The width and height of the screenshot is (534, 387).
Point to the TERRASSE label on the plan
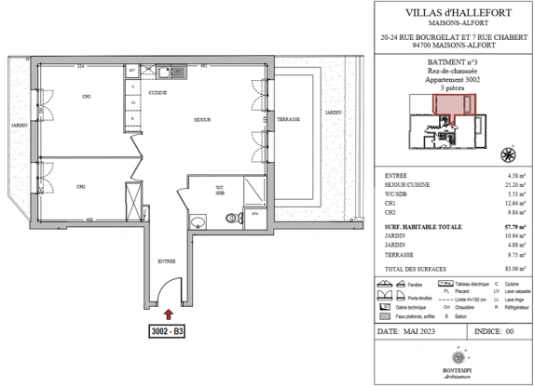tap(286, 119)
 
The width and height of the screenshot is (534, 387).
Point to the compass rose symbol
tap(508, 153)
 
